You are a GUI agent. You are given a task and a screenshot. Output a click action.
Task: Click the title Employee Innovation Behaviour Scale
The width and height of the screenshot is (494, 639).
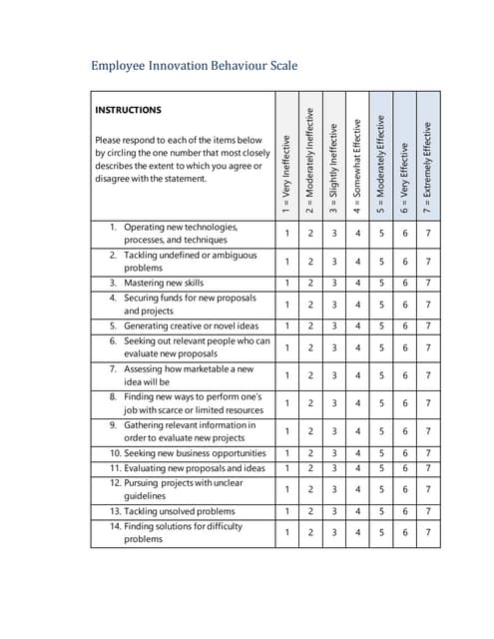tap(194, 67)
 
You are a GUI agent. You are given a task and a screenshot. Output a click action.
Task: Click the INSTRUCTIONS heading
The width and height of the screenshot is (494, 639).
tap(128, 110)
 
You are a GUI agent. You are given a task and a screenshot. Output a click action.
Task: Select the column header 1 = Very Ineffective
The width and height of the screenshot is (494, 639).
tap(285, 173)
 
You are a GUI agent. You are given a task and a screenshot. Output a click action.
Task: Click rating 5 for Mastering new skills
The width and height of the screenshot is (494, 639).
tap(381, 283)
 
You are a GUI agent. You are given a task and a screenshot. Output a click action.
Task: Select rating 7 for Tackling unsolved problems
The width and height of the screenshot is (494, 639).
tap(429, 510)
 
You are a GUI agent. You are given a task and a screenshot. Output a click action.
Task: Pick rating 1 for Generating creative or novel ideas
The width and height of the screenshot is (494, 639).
tap(285, 325)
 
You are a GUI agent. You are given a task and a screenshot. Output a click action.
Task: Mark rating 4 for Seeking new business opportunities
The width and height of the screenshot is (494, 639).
tap(357, 453)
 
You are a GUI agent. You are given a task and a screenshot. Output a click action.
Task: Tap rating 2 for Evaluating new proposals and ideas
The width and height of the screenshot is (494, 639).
tap(309, 467)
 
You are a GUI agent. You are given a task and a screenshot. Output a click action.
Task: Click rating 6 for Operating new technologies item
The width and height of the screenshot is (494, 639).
tap(405, 234)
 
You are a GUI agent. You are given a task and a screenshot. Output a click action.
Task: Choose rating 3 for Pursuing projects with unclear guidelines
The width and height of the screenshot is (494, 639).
tap(333, 489)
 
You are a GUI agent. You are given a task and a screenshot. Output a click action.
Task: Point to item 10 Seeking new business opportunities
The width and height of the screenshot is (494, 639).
tap(188, 453)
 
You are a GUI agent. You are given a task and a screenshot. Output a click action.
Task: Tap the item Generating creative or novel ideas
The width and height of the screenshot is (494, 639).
tap(191, 325)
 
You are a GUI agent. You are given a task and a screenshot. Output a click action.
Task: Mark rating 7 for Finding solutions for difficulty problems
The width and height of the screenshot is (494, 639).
tap(429, 532)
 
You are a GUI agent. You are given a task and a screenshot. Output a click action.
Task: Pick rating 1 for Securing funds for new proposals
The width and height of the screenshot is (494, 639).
tap(285, 305)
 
